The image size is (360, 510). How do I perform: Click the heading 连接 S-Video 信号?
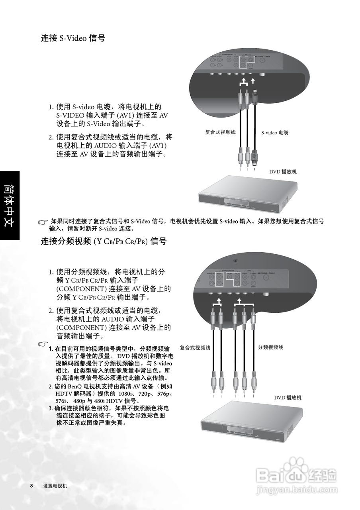[x=73, y=39]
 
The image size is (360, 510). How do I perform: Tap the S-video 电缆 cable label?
[x=275, y=132]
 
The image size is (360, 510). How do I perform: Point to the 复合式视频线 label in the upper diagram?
[x=221, y=132]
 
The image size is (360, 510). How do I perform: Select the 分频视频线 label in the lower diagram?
[x=270, y=347]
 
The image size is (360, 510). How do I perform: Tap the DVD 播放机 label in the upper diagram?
[x=283, y=172]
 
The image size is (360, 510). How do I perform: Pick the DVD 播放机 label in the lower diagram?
[x=288, y=398]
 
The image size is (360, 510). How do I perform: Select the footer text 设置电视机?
[x=55, y=486]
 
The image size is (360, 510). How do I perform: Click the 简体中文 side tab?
[x=10, y=205]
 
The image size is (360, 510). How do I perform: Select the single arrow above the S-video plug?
[x=253, y=82]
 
